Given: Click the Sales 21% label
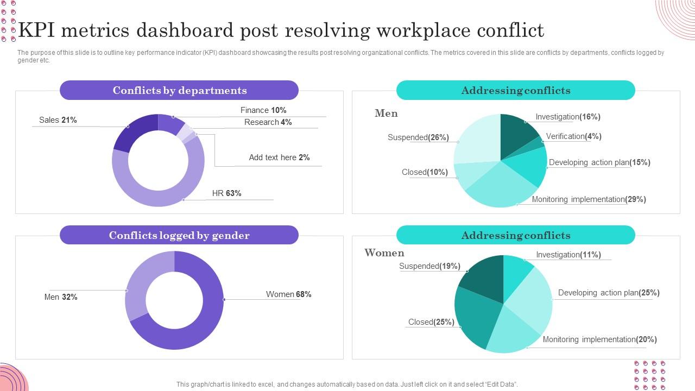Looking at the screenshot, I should point(58,120).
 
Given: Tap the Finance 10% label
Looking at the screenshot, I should point(263,110).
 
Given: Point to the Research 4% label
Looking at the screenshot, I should point(268,122).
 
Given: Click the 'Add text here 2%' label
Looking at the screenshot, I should point(279,157).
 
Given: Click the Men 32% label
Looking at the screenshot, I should point(61,297).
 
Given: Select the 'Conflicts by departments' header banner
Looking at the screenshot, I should point(179,90).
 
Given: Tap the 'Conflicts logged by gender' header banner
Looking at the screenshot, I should point(179,235).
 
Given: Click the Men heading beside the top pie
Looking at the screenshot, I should point(386,113).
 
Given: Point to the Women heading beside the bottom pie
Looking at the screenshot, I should point(384,253).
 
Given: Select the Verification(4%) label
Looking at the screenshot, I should point(573,136).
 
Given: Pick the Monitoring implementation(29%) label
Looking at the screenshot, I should point(589,199).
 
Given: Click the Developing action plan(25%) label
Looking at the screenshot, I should point(609,293).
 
